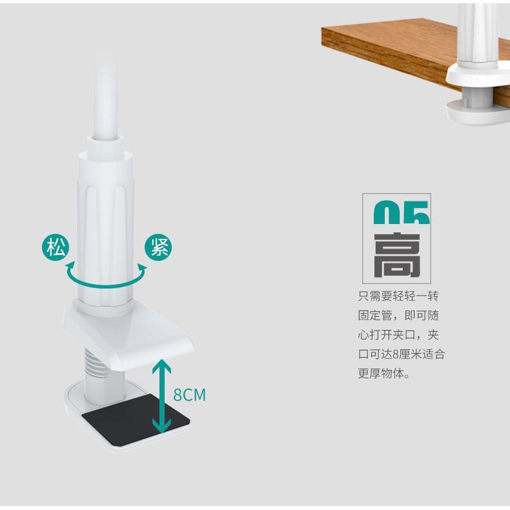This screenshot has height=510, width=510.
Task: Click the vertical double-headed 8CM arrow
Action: click(x=161, y=395)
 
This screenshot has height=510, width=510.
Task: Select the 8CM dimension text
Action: click(x=189, y=394)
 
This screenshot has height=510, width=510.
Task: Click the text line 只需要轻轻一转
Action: click(x=398, y=296)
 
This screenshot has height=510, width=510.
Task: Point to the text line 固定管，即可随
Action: click(x=398, y=316)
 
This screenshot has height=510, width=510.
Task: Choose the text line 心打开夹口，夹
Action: click(x=398, y=335)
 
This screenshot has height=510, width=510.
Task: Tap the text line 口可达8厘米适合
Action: click(x=402, y=354)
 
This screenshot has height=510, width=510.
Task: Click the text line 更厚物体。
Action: click(x=383, y=374)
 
